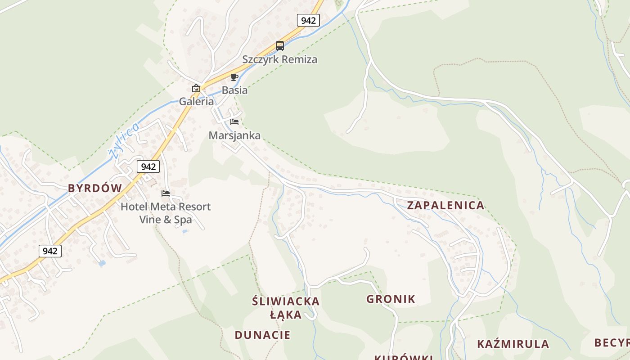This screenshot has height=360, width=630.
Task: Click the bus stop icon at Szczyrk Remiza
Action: [x=280, y=45]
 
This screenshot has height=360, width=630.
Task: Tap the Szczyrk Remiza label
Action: [x=280, y=59]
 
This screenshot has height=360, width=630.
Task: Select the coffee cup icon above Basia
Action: [x=234, y=77]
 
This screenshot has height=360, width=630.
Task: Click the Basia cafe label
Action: [x=234, y=90]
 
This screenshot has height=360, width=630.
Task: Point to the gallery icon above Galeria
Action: [x=196, y=88]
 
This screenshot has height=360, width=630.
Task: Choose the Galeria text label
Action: [x=197, y=101]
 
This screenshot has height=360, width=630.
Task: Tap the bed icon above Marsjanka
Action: [x=234, y=121]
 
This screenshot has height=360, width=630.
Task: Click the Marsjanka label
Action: [x=234, y=135]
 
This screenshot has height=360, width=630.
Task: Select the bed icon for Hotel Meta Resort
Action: [x=166, y=193]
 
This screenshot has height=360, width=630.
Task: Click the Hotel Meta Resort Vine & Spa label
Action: [x=166, y=213]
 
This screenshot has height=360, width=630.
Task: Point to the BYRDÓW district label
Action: [x=95, y=188]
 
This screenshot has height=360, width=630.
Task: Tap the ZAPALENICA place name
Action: [x=445, y=205]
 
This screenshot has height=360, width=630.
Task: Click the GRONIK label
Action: [x=391, y=299]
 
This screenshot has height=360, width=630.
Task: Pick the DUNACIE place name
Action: [x=262, y=335]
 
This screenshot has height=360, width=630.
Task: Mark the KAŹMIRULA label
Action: [x=513, y=344]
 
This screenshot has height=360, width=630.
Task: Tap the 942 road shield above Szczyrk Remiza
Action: [x=308, y=20]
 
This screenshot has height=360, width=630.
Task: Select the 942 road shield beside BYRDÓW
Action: [x=148, y=166]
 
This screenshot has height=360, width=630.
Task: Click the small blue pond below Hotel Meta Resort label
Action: [x=184, y=232]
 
